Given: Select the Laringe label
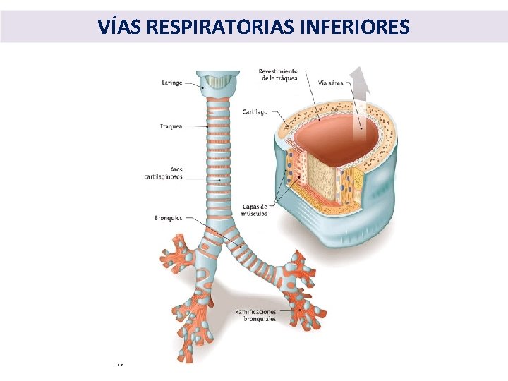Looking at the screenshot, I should click(171, 83).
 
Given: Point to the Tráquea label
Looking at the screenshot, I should click(171, 126).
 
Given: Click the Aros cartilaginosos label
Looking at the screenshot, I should click(163, 173).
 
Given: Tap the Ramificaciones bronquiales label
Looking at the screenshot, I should click(256, 315).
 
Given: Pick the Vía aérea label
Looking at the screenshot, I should click(331, 83).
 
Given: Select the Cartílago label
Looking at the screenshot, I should click(255, 111).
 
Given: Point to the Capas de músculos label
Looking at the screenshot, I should click(254, 210).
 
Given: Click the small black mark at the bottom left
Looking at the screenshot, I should click(120, 365).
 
